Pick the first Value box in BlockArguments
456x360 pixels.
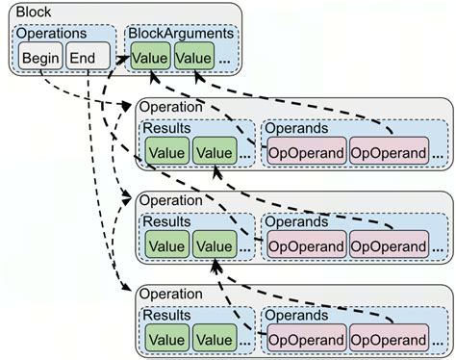[x=151, y=58]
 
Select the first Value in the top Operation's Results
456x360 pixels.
[x=166, y=151]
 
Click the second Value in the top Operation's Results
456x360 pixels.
[x=214, y=151]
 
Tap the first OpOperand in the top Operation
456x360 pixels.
[x=305, y=151]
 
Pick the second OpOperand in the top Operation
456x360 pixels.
[x=389, y=151]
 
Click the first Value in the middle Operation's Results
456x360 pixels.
[x=166, y=244]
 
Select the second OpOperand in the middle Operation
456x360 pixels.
[x=389, y=244]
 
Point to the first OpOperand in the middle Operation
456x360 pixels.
[x=305, y=244]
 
